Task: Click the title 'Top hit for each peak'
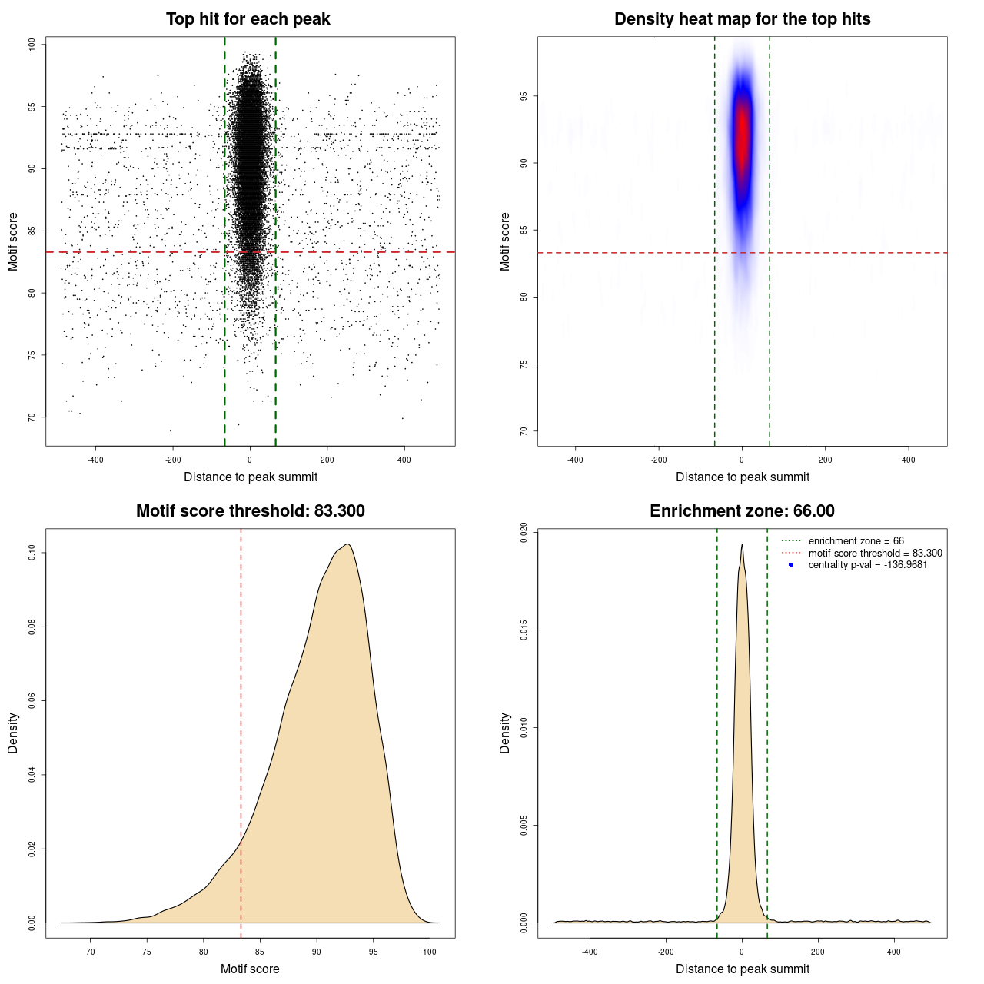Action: [x=248, y=19]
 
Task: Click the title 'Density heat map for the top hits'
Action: [x=742, y=19]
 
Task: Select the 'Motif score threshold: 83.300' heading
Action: [x=250, y=511]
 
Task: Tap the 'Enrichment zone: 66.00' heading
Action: [x=742, y=511]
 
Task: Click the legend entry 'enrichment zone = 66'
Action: [x=856, y=541]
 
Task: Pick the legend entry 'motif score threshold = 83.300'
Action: [x=875, y=553]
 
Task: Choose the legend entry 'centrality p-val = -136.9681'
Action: [x=867, y=565]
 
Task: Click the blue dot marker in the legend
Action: [x=791, y=565]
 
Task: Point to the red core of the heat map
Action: [x=742, y=135]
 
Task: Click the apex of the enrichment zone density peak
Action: [x=742, y=544]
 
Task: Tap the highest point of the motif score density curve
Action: [x=348, y=544]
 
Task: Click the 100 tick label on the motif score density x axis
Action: [x=430, y=952]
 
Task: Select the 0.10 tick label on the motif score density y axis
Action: [x=32, y=552]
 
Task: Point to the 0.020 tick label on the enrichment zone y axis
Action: [x=524, y=533]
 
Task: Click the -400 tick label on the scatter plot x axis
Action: [x=95, y=460]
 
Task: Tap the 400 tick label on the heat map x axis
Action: [x=909, y=460]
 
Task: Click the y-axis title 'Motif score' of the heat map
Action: [x=504, y=241]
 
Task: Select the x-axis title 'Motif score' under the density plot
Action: [x=250, y=969]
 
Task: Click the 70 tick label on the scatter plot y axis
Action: [x=32, y=417]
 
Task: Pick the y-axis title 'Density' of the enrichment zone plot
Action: [x=504, y=733]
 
